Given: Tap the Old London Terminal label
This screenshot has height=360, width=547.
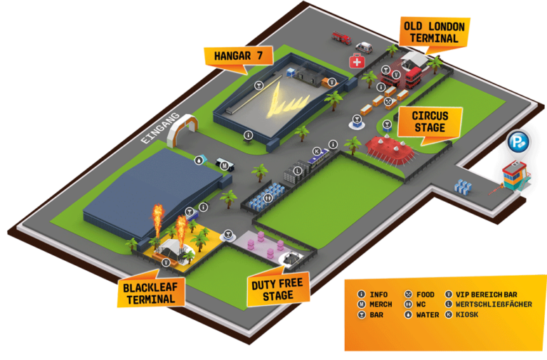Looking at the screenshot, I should [x=434, y=33].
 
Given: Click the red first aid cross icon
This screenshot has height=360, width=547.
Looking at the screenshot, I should [x=356, y=62].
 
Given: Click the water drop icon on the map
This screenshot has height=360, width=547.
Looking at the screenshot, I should [x=197, y=160].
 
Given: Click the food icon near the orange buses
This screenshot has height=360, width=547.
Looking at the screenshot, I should [x=388, y=101].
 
